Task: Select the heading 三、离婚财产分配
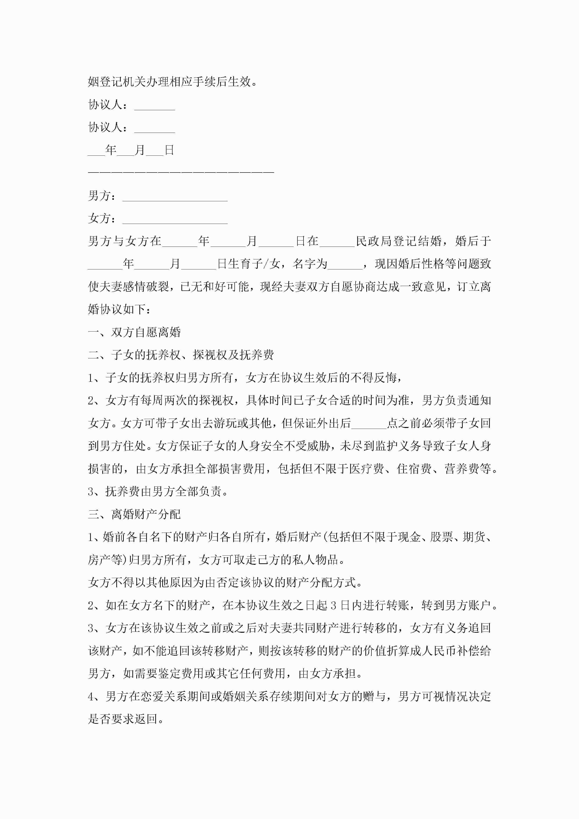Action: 134,514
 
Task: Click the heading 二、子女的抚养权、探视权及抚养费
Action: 181,355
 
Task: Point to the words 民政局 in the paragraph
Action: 374,241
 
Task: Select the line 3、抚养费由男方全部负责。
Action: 158,491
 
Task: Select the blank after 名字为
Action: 345,264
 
